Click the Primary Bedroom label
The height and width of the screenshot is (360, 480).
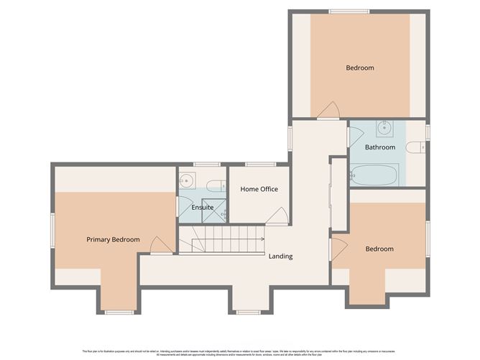113,239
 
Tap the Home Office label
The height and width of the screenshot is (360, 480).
259,189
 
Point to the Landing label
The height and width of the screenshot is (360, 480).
280,256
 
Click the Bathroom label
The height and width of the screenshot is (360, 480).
379,147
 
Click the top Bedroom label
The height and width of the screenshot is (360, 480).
360,68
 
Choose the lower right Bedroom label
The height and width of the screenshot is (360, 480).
379,249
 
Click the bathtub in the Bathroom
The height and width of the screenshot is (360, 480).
374,175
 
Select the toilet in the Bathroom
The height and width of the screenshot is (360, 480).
415,147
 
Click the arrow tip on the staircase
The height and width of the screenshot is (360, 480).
263,238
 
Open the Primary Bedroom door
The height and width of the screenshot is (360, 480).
161,245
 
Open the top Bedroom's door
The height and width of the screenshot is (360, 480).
328,110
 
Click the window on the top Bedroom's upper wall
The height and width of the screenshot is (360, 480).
349,11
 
